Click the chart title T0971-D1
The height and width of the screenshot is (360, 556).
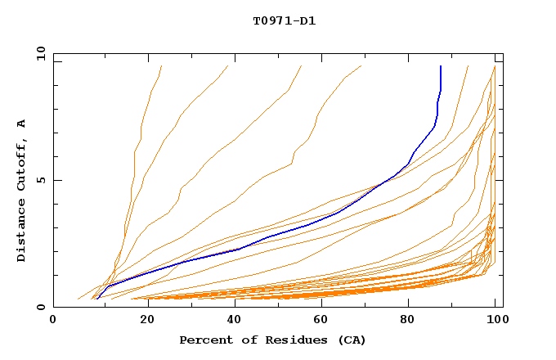point(285,20)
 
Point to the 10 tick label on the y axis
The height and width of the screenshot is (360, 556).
point(40,53)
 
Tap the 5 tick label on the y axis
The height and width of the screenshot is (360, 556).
point(43,180)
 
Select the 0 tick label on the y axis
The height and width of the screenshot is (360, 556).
point(43,307)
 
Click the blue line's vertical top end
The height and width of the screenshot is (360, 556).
point(441,66)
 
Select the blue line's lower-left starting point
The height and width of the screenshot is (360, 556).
point(96,299)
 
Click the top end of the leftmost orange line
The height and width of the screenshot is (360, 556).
point(162,66)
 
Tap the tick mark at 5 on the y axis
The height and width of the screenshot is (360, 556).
point(56,180)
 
